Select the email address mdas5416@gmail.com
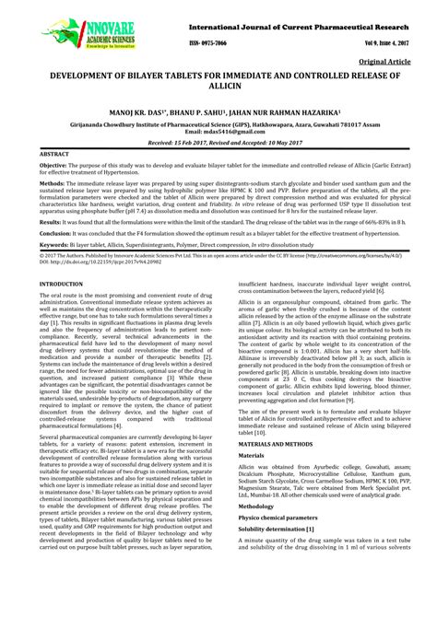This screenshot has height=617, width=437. click(x=218, y=132)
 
